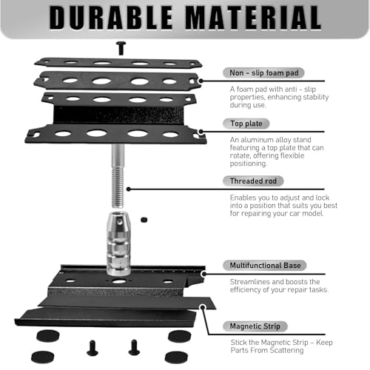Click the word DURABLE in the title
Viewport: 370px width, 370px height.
(111, 18)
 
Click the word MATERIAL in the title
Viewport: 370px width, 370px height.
(253, 18)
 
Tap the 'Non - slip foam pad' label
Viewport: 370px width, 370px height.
(263, 73)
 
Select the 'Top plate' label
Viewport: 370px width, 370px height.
(246, 124)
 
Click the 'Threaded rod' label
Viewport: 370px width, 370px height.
(253, 181)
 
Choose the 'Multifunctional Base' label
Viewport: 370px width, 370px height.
(265, 266)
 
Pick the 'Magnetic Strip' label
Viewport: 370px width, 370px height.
(255, 326)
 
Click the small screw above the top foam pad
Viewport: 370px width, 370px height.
(121, 48)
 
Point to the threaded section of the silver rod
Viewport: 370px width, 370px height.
(118, 187)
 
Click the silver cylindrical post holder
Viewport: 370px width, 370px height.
(118, 243)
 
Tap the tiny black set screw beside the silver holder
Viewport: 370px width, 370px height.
(144, 220)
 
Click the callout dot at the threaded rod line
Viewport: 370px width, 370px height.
(129, 189)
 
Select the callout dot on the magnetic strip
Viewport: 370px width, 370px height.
(203, 307)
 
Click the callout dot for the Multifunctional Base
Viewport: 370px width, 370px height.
(203, 274)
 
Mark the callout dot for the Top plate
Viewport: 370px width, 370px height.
(201, 132)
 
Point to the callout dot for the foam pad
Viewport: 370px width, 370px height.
(201, 81)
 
